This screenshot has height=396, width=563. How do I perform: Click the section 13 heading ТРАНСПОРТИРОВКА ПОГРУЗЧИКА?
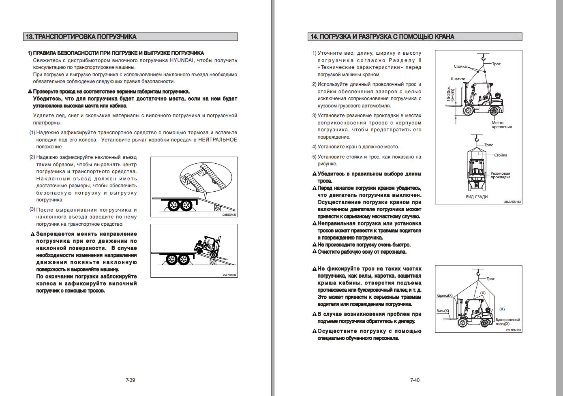[x=81, y=37]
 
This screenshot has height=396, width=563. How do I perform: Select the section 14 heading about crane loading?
[x=382, y=37]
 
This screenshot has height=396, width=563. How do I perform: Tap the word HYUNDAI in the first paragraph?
[x=182, y=60]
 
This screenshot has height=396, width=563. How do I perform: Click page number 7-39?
[x=130, y=380]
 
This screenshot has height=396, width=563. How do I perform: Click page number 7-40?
[x=415, y=380]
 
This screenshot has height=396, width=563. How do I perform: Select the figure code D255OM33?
[x=229, y=215]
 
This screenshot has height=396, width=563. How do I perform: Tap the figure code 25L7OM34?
[x=229, y=275]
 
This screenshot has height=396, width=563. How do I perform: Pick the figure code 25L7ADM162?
[x=512, y=201]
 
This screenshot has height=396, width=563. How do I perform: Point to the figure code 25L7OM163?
[x=513, y=330]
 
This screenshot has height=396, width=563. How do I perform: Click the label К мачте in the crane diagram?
[x=458, y=79]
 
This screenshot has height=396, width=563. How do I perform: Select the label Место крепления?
[x=501, y=125]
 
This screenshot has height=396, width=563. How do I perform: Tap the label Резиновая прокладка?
[x=500, y=175]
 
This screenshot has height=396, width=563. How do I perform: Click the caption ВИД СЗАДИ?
[x=476, y=197]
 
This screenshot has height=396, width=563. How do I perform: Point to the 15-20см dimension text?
[x=450, y=94]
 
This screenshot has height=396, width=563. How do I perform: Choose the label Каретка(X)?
[x=444, y=295]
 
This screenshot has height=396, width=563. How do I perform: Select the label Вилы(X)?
[x=443, y=311]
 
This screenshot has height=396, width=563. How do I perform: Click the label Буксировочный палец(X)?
[x=507, y=322]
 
